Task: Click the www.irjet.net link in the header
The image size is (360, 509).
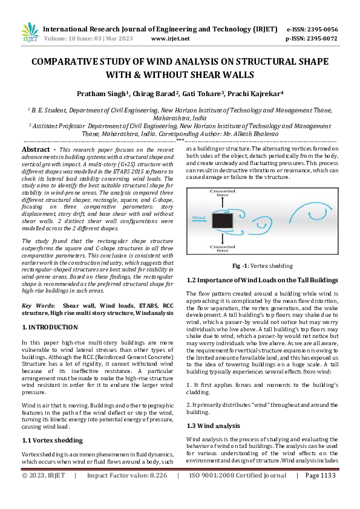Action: [x=170, y=38]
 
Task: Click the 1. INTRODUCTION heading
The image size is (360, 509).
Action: [x=50, y=327]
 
